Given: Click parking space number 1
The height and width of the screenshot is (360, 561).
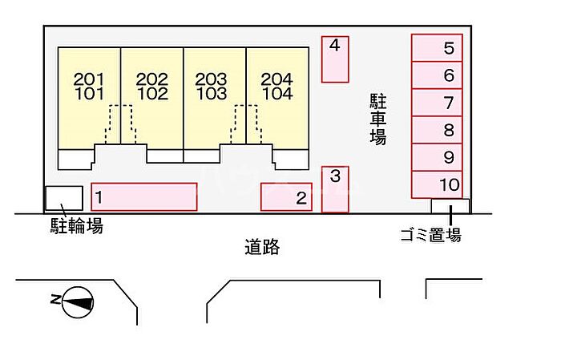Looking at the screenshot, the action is point(144,196).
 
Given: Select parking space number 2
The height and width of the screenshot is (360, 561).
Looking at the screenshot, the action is point(286,196).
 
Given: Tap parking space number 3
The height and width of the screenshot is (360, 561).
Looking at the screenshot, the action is point(335,189).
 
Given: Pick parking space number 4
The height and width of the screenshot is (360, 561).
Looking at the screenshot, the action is point(335,59).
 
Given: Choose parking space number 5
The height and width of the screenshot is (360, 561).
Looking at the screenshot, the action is point(437,47).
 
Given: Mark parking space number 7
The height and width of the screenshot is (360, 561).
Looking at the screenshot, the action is point(437,103).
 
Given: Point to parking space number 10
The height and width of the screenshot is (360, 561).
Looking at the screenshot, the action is point(437,184).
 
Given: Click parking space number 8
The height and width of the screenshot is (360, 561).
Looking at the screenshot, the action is point(437,130).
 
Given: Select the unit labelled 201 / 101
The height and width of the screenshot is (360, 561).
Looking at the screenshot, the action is point(90,98).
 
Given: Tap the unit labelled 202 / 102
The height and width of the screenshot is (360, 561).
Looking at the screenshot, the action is point(152,98).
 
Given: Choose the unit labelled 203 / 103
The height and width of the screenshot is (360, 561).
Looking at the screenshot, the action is point(215,98).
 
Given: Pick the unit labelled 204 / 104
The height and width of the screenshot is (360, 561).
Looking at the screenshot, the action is point(277,98).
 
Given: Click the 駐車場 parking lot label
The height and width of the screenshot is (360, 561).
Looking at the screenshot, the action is point(377,119).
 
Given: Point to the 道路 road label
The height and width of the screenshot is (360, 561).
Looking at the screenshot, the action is point(262,247).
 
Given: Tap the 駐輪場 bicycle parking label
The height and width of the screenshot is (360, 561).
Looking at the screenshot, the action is point(77,226).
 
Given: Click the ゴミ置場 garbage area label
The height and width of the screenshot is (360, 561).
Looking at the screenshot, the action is point(431,235).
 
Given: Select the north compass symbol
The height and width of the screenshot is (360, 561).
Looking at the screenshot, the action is point(78,302).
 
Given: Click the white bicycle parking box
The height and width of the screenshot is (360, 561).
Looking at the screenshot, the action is point(64,198).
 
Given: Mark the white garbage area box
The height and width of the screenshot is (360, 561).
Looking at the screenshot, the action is point(450,206).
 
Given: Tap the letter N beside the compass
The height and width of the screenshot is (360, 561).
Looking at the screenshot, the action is point(55,299).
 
